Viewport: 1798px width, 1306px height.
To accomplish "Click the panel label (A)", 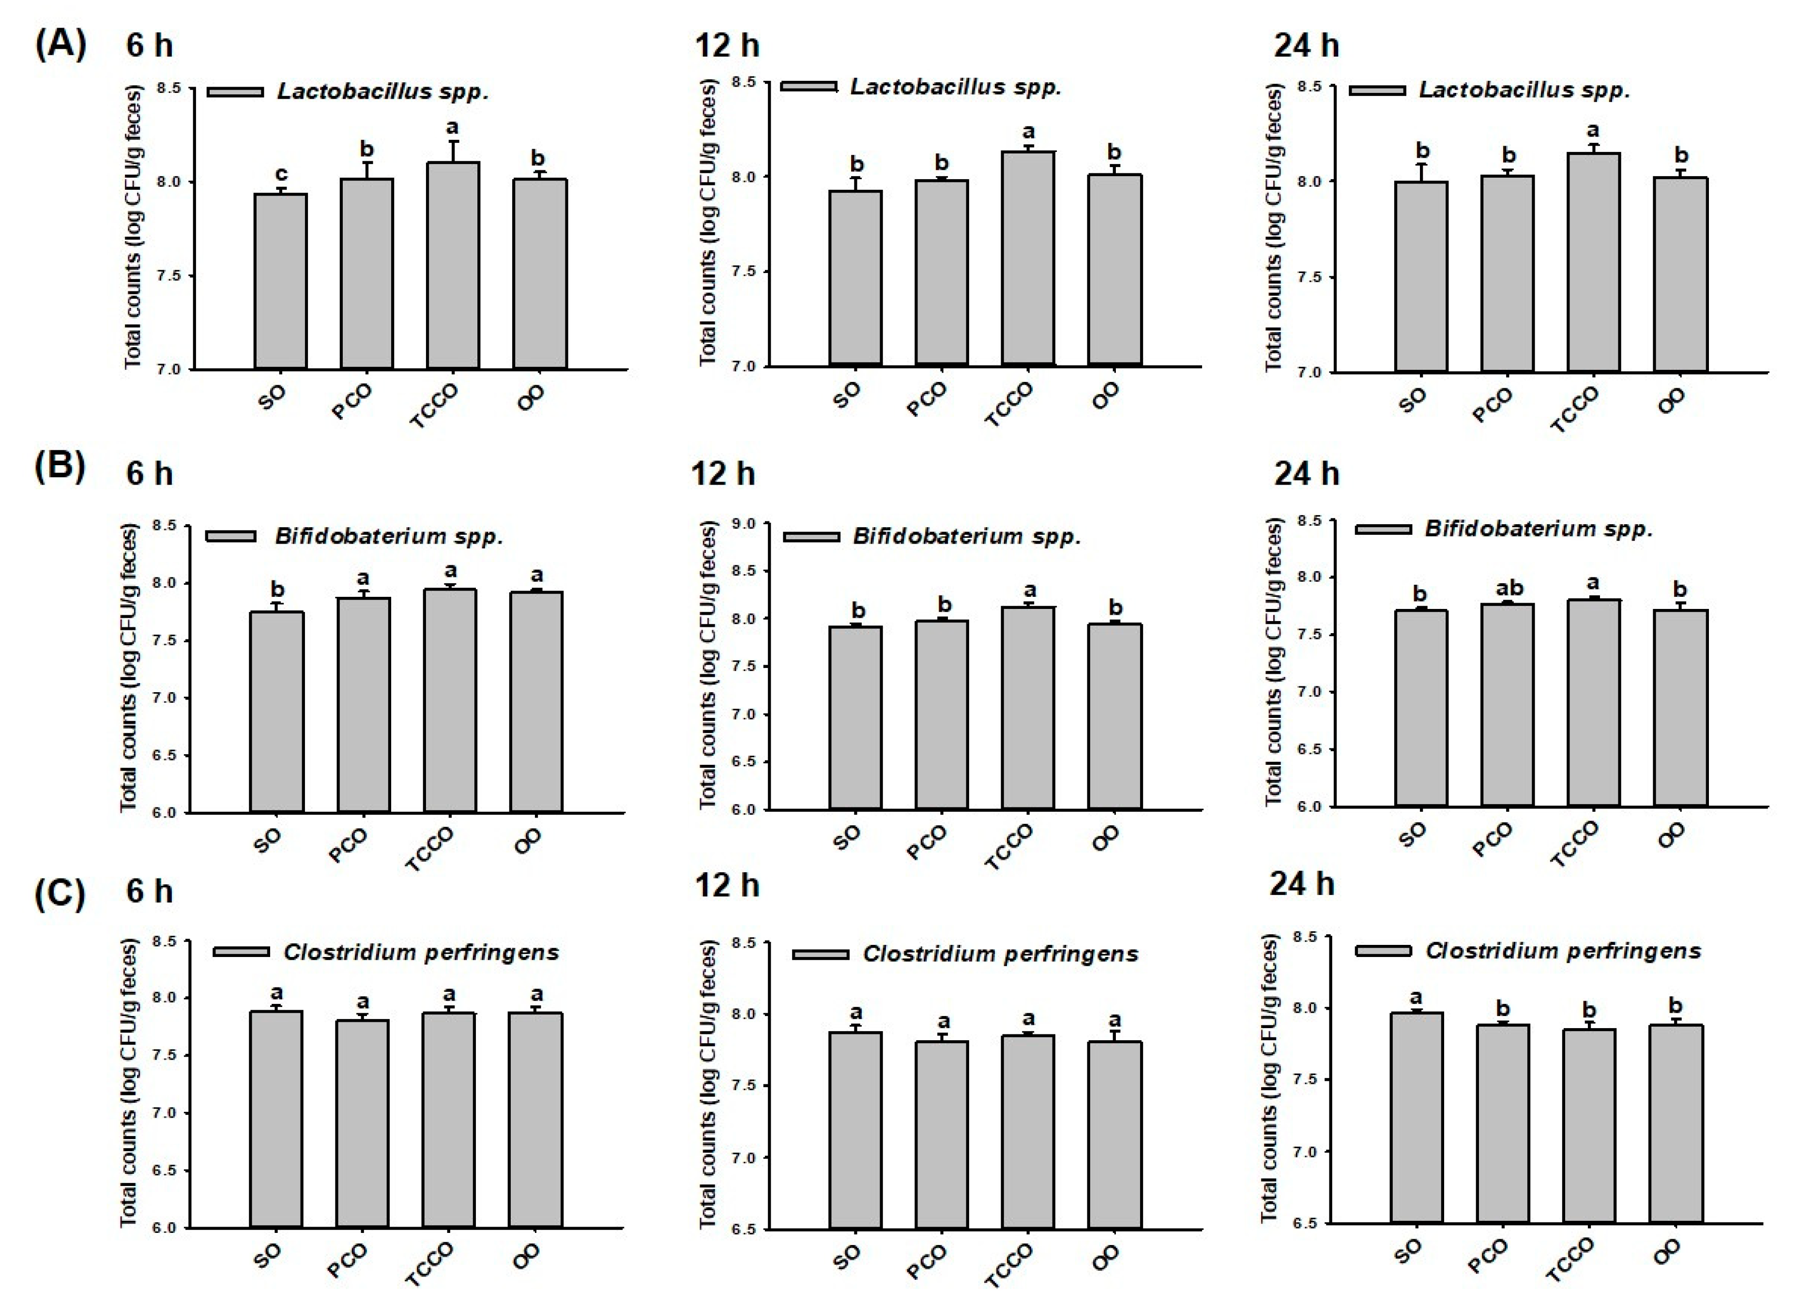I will [60, 45].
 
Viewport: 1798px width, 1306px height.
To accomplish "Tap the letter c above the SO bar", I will [281, 174].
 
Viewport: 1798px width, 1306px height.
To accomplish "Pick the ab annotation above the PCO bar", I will [1508, 588].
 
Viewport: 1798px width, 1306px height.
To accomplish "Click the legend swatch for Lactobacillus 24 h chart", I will [1377, 91].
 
